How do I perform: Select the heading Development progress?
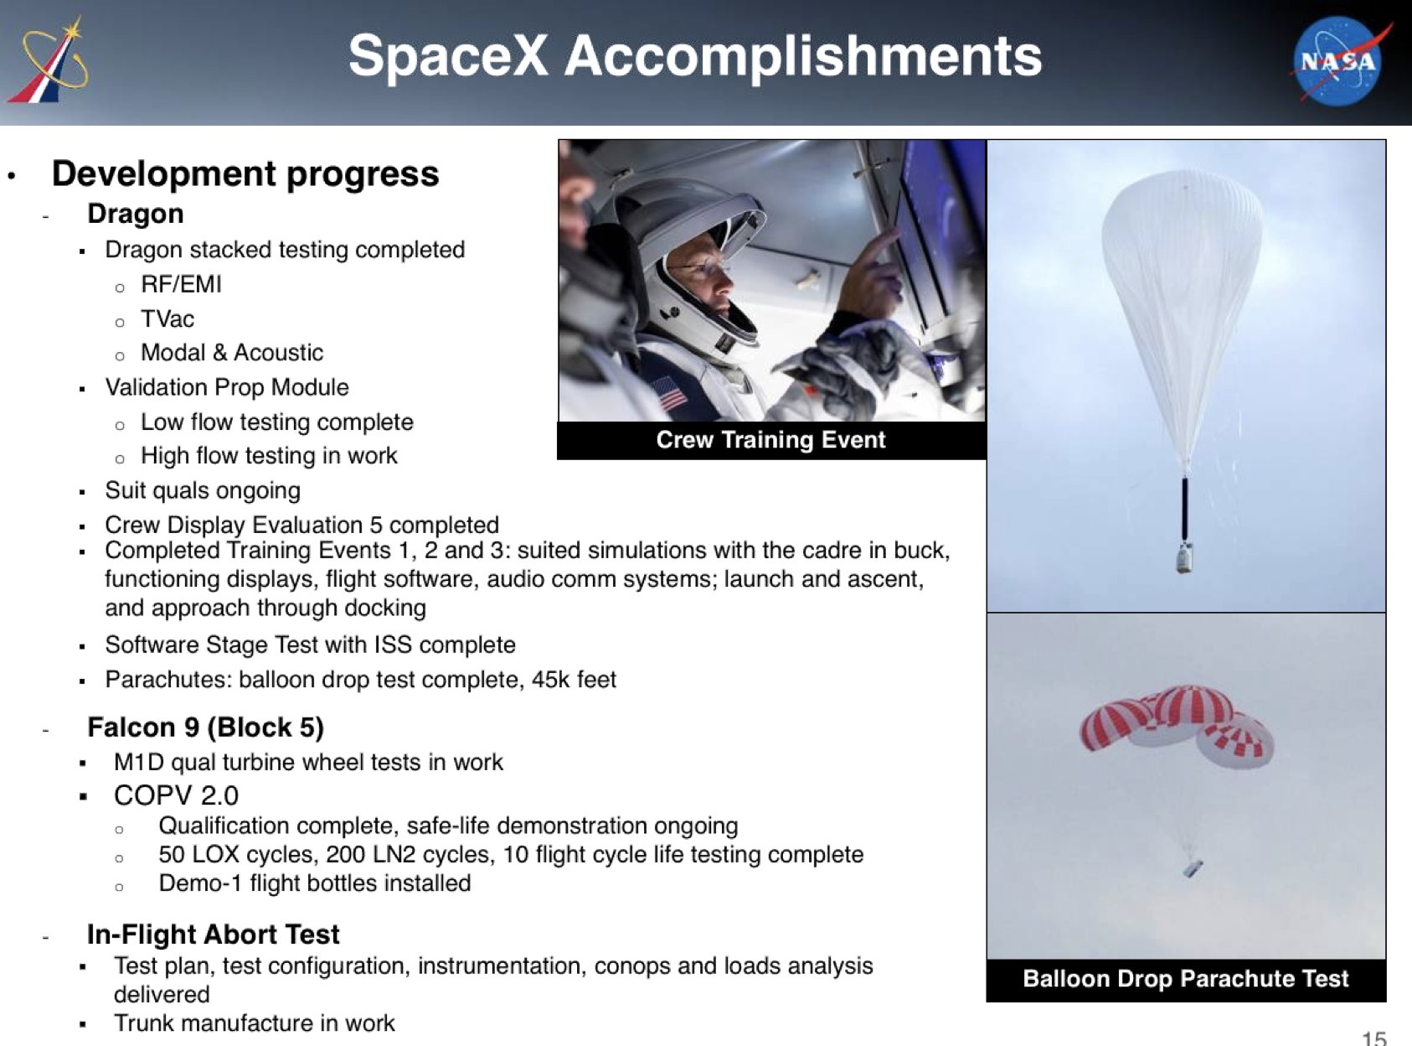click(x=245, y=173)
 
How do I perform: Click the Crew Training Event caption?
click(x=770, y=440)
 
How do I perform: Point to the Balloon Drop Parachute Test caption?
click(x=1185, y=978)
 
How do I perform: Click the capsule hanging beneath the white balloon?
click(x=1184, y=557)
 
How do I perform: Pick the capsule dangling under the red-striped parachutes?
click(x=1193, y=868)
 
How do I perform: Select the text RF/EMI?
click(x=182, y=284)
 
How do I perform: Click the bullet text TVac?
click(x=167, y=318)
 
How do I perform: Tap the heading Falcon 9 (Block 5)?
click(x=206, y=728)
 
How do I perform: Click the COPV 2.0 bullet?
click(x=177, y=795)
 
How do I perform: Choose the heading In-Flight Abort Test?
click(x=214, y=935)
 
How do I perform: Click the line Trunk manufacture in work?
click(x=254, y=1023)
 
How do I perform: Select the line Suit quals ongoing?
click(x=203, y=491)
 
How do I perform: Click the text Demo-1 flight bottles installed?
click(x=315, y=883)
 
